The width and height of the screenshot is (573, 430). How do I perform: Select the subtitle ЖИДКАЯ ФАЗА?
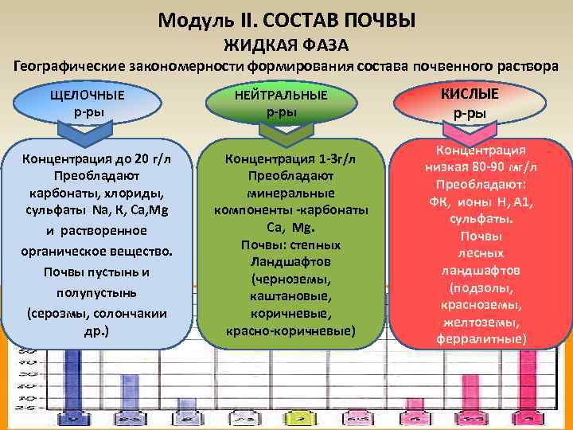[x=286, y=43]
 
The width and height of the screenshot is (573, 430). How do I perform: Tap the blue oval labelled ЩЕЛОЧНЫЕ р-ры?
[x=88, y=103]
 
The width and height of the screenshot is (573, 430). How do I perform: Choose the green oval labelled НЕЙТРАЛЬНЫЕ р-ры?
[x=281, y=104]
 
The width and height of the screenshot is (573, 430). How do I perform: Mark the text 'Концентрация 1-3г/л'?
[x=290, y=158]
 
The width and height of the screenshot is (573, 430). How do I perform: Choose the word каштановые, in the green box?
[x=290, y=295]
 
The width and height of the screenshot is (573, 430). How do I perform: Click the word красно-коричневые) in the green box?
[x=290, y=330]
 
